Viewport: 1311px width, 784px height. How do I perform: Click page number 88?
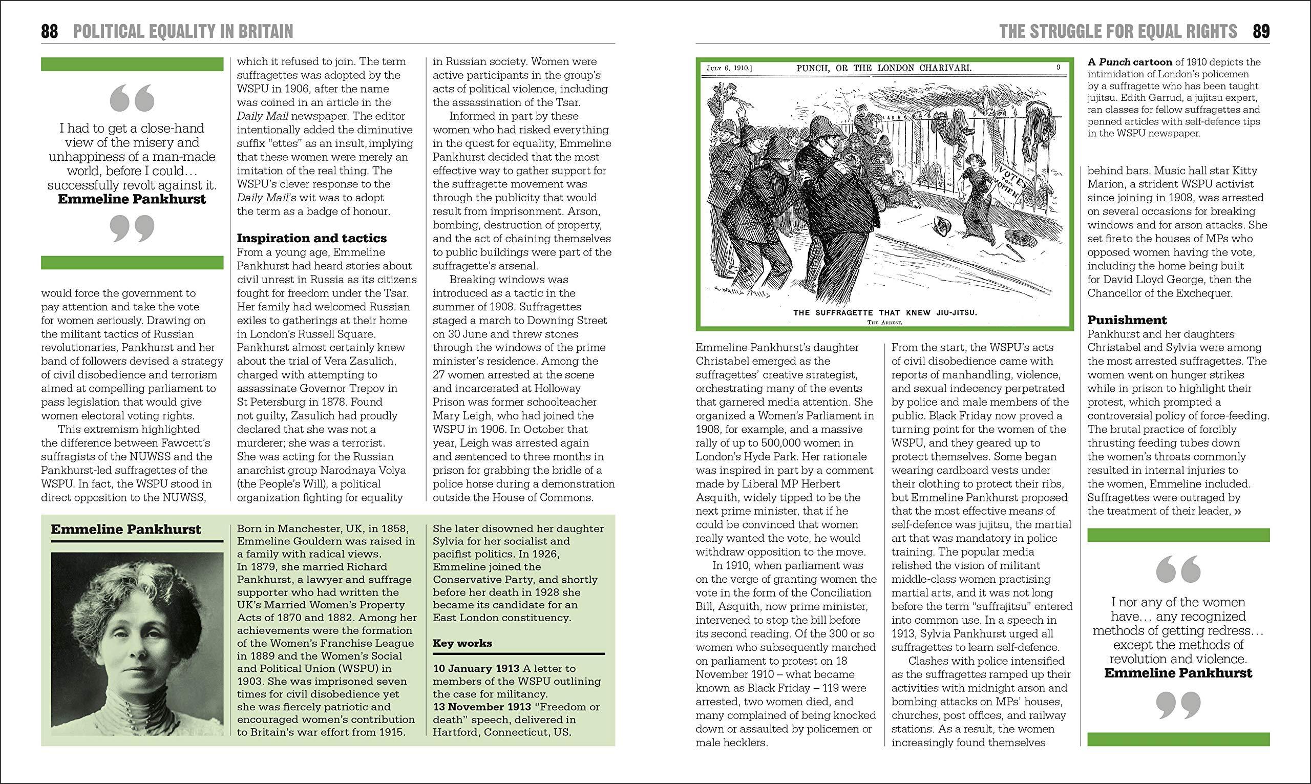point(50,32)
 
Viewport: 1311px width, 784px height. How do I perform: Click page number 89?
point(1261,32)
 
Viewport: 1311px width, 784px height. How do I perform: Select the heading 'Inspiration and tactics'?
point(312,238)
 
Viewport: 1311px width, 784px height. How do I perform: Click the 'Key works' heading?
point(462,643)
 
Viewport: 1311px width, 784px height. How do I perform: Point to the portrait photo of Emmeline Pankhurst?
point(137,644)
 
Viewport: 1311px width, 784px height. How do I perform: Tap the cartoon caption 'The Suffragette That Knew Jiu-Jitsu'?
point(885,312)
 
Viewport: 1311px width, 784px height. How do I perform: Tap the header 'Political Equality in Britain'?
point(183,32)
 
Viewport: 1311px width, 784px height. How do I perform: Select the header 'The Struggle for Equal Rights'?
point(1117,32)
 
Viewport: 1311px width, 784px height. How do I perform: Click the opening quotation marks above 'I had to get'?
point(132,99)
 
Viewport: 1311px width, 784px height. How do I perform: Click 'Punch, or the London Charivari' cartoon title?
point(884,68)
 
